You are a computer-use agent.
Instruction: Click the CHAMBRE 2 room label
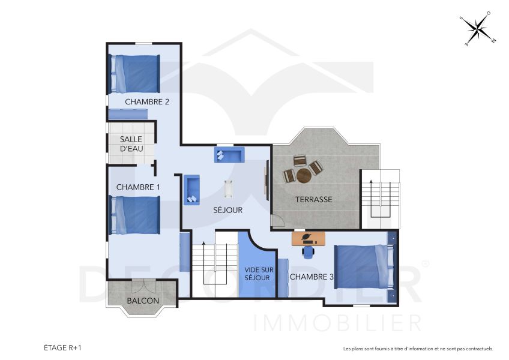[x=146, y=102]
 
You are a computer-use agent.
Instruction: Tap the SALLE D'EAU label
[x=131, y=143]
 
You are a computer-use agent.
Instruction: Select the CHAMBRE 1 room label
[x=138, y=187]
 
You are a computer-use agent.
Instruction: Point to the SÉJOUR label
[x=228, y=210]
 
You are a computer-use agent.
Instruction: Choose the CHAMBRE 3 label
[x=312, y=277]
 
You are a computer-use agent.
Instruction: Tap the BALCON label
[x=143, y=301]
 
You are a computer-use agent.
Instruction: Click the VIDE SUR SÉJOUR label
[x=258, y=274]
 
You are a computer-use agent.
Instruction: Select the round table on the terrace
[x=304, y=175]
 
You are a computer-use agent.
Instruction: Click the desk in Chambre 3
[x=309, y=239]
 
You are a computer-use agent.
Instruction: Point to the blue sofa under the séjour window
[x=229, y=155]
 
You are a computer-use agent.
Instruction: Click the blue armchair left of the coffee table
[x=192, y=189]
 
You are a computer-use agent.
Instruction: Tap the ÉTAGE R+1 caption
[x=62, y=347]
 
